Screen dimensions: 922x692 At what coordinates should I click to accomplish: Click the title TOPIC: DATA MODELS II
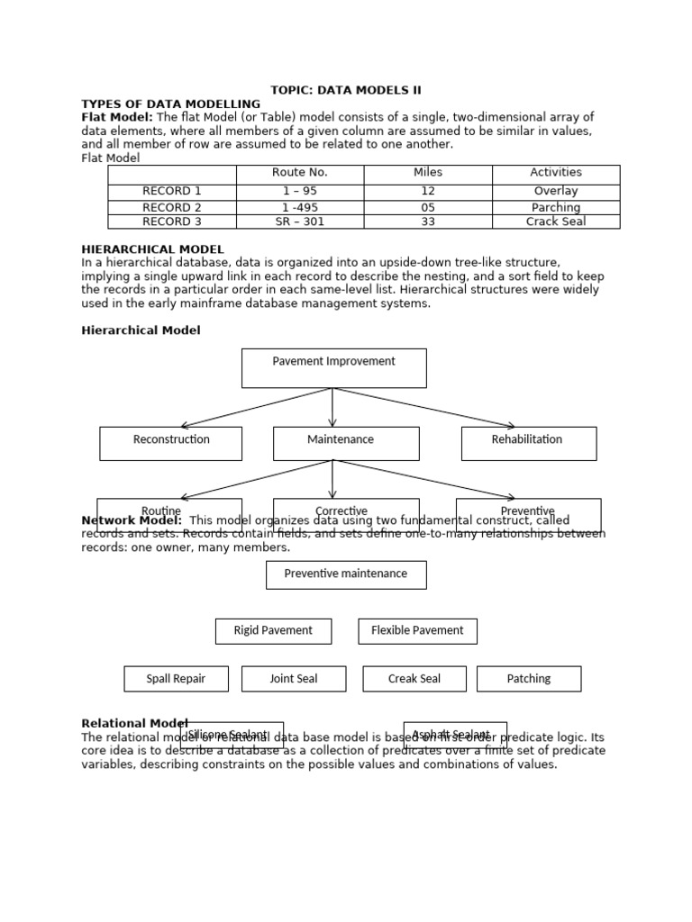[346, 90]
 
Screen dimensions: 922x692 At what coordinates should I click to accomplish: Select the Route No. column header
[300, 173]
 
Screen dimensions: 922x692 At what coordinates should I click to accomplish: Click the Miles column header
[428, 173]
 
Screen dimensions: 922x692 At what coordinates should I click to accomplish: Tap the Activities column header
[556, 173]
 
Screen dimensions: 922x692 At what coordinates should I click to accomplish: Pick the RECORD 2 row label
[172, 207]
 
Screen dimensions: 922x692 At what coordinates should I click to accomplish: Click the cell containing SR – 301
[300, 221]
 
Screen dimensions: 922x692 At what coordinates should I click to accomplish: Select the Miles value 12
[428, 191]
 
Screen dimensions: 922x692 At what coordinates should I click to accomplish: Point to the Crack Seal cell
[556, 221]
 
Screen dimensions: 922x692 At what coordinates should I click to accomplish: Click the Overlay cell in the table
[556, 191]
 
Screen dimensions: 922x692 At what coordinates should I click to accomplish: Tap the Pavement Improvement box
[333, 367]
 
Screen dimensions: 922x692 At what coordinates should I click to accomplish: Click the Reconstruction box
[170, 442]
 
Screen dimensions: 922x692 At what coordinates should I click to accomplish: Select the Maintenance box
[346, 442]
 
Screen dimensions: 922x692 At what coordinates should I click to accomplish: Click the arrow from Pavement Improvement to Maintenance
[332, 408]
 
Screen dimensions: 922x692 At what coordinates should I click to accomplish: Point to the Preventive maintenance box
[346, 574]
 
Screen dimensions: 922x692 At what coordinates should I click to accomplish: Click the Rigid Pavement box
[273, 631]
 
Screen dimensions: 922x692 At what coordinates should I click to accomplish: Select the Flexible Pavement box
[417, 631]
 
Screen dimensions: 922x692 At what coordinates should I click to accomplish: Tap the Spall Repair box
[176, 679]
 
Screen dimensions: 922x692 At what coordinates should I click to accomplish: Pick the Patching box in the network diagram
[529, 679]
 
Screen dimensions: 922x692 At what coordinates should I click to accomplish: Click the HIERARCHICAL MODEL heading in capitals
[152, 249]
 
